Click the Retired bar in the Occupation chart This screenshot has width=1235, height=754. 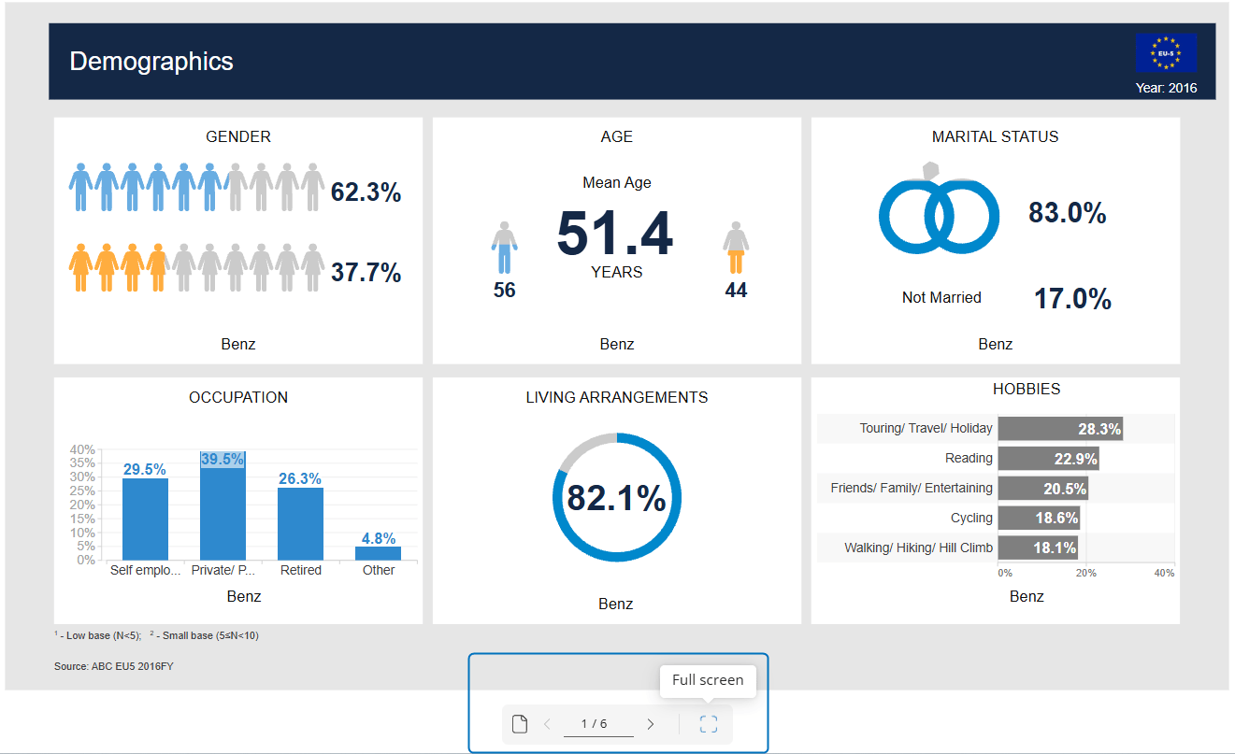click(x=300, y=523)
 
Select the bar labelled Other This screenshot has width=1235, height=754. click(x=378, y=553)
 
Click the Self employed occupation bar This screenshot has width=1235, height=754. click(x=145, y=519)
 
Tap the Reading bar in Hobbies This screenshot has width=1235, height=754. click(x=1047, y=459)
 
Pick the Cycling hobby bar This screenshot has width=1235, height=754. click(x=1039, y=518)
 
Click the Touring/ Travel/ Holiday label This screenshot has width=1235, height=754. click(x=926, y=428)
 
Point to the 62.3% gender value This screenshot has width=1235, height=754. click(x=366, y=193)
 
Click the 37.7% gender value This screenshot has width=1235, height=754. click(x=366, y=273)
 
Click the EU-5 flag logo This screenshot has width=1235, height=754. click(x=1166, y=53)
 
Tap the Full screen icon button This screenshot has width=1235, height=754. click(x=709, y=723)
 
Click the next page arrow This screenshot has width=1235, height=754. click(x=651, y=723)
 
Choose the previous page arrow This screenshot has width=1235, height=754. click(x=548, y=723)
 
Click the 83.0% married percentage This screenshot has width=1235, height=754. click(x=1067, y=214)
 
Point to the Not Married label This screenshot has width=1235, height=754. click(x=941, y=298)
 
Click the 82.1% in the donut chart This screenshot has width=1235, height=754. click(x=616, y=498)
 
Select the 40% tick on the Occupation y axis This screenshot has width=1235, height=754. click(x=82, y=449)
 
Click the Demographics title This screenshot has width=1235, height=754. click(x=151, y=62)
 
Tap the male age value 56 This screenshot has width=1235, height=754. click(x=504, y=291)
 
